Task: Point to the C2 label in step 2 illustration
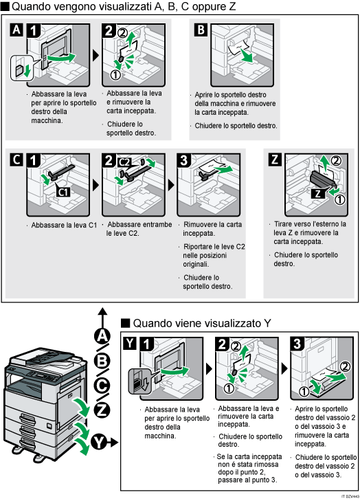(x=124, y=162)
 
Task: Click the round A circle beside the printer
(x=102, y=335)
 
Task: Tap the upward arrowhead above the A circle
(x=102, y=311)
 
